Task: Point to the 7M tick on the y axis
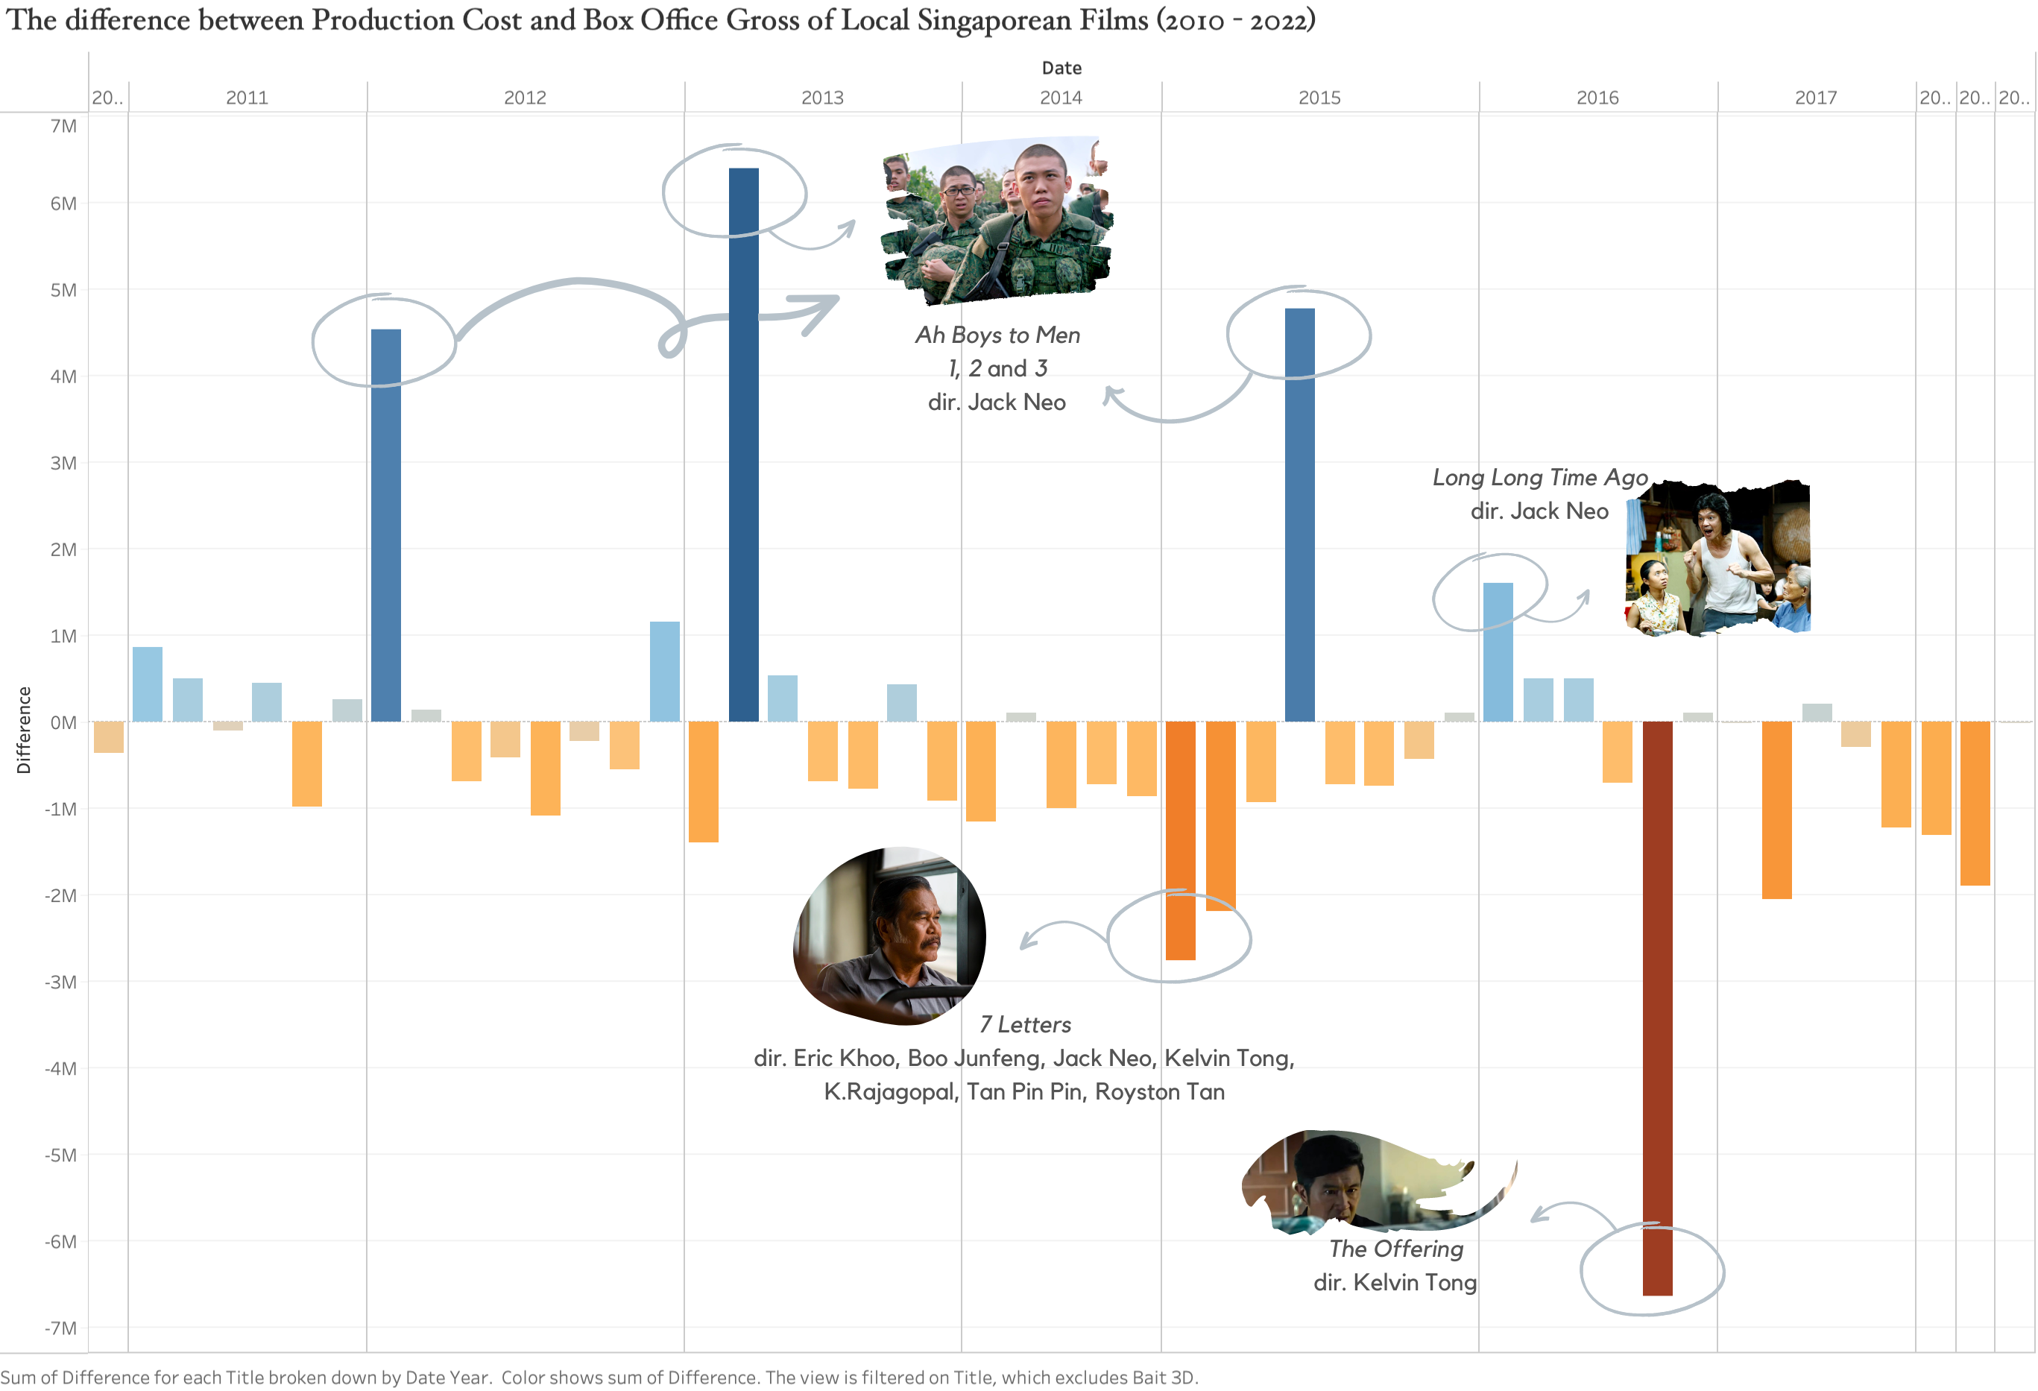coord(63,126)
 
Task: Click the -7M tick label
coord(61,1328)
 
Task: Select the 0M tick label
coord(63,722)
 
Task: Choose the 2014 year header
coord(1061,98)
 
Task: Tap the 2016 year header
coord(1597,98)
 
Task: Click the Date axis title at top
coord(1061,68)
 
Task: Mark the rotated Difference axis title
coord(24,730)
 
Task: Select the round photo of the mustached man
coord(889,935)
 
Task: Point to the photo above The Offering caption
coord(1368,1179)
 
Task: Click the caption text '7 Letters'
coord(1024,1024)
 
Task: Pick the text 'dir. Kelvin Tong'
coord(1395,1282)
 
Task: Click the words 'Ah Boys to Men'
coord(997,335)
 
